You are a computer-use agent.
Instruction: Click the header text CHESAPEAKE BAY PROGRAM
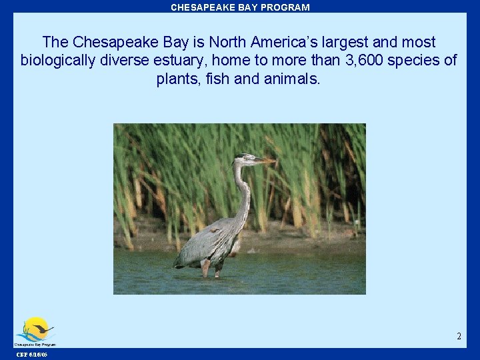(240, 7)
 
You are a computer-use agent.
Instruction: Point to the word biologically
(61, 61)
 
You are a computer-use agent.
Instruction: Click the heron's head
(243, 159)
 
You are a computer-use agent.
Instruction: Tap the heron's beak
(264, 161)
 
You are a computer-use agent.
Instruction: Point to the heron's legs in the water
(207, 268)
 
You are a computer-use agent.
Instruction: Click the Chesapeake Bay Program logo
(35, 331)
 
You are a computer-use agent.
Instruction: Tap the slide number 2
(459, 337)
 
